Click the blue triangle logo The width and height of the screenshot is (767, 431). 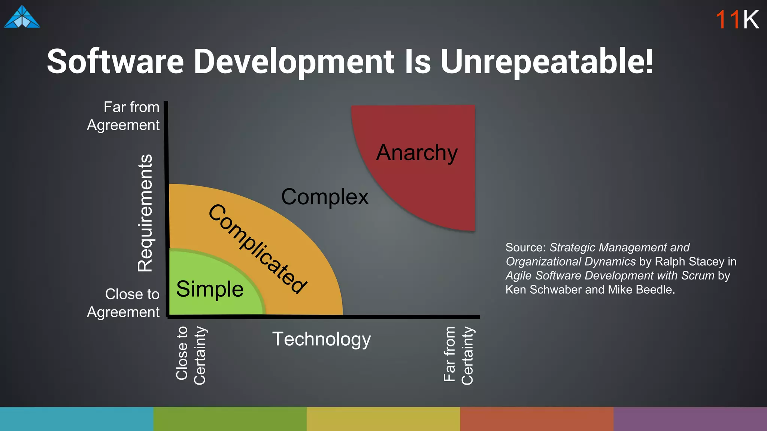pyautogui.click(x=22, y=17)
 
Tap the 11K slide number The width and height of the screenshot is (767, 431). pyautogui.click(x=737, y=19)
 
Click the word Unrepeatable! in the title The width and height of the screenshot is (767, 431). pyautogui.click(x=547, y=61)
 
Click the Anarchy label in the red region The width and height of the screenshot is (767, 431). pyautogui.click(x=417, y=153)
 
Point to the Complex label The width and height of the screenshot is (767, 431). pyautogui.click(x=325, y=197)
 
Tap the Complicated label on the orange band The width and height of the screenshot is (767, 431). pyautogui.click(x=258, y=248)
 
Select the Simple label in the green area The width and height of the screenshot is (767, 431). pyautogui.click(x=210, y=289)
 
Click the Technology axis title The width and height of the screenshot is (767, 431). pyautogui.click(x=321, y=339)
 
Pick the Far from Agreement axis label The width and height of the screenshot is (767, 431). pyautogui.click(x=123, y=116)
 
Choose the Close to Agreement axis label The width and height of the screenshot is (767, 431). pyautogui.click(x=123, y=303)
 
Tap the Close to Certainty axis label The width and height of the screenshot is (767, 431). pyautogui.click(x=191, y=355)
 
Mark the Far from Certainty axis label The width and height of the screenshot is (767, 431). pyautogui.click(x=458, y=355)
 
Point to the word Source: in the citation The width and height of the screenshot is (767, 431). pyautogui.click(x=525, y=248)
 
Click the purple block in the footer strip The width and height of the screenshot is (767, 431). pyautogui.click(x=690, y=419)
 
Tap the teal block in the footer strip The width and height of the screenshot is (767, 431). pyautogui.click(x=76, y=419)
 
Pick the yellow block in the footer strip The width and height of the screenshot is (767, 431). pyautogui.click(x=383, y=419)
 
